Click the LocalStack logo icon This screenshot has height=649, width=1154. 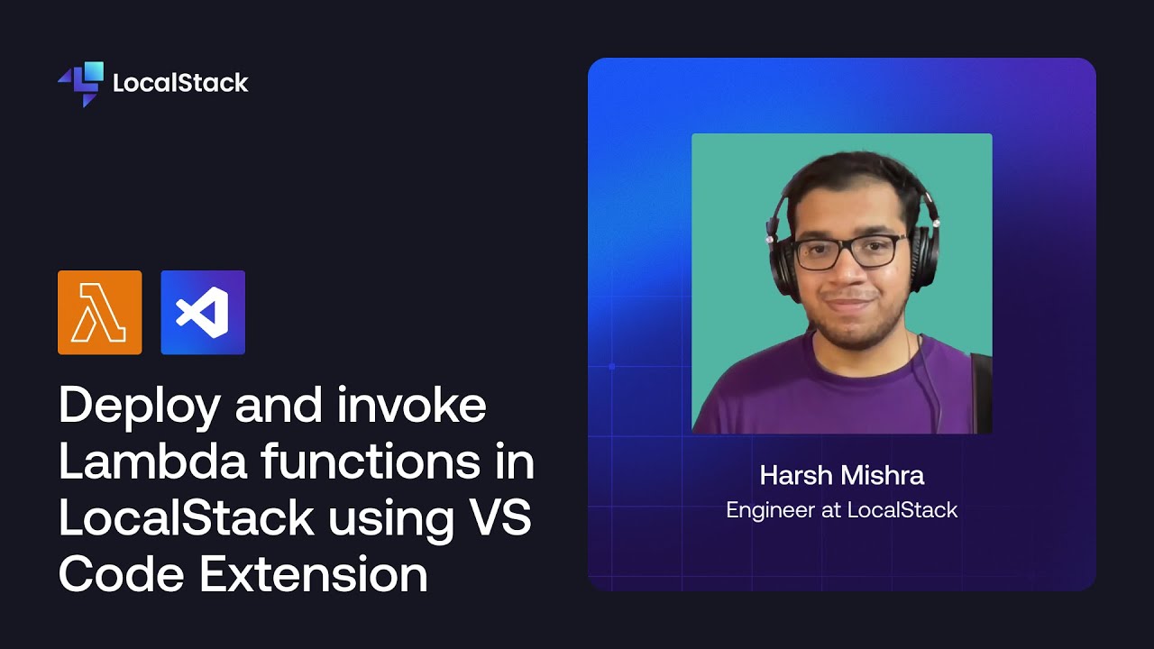pyautogui.click(x=80, y=84)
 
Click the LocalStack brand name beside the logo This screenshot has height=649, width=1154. pyautogui.click(x=180, y=84)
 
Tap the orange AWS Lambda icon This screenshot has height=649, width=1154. pyautogui.click(x=99, y=312)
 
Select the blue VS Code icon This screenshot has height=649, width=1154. pyautogui.click(x=203, y=312)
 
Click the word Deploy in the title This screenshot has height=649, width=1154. pyautogui.click(x=140, y=407)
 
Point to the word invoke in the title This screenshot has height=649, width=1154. pyautogui.click(x=412, y=406)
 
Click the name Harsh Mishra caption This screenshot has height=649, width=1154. pyautogui.click(x=842, y=475)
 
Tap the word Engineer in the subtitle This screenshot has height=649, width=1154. pyautogui.click(x=770, y=510)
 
